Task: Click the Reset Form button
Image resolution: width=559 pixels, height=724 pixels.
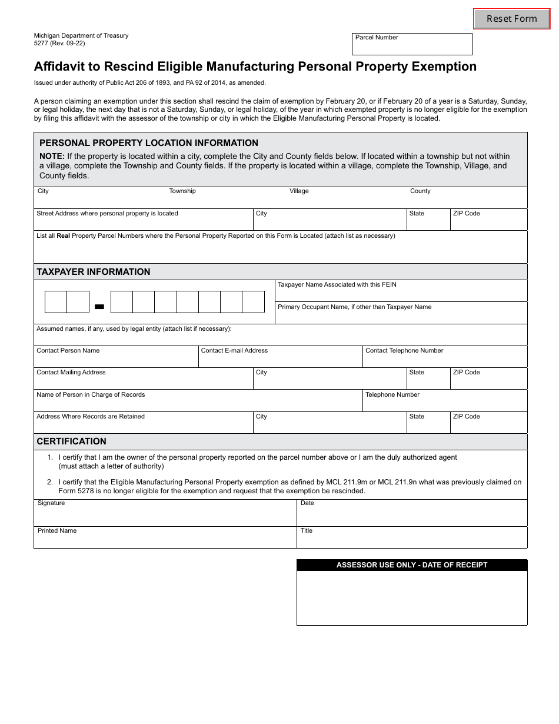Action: click(511, 19)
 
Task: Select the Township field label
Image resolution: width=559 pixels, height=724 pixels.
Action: click(182, 191)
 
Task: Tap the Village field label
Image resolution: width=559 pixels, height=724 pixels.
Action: click(299, 191)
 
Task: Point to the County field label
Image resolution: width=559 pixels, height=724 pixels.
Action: click(420, 191)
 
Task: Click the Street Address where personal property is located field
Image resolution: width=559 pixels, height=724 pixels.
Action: click(144, 222)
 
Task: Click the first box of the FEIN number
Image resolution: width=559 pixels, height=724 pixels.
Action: click(56, 302)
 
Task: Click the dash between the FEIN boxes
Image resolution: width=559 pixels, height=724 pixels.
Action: click(99, 306)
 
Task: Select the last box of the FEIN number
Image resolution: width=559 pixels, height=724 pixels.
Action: click(253, 302)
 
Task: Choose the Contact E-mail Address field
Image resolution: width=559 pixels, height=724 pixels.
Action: click(280, 360)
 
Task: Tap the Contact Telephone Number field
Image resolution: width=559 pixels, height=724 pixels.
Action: click(444, 360)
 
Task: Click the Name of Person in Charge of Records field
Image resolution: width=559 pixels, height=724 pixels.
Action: click(198, 404)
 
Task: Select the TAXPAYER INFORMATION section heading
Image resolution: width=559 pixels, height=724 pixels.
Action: click(94, 272)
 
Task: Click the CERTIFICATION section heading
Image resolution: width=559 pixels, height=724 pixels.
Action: click(72, 441)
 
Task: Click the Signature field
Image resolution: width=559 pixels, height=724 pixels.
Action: click(165, 516)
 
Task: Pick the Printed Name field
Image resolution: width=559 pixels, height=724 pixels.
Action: click(165, 540)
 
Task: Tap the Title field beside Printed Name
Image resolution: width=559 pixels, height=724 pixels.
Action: click(412, 540)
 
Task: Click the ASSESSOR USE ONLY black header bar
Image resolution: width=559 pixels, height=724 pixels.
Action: click(412, 565)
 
